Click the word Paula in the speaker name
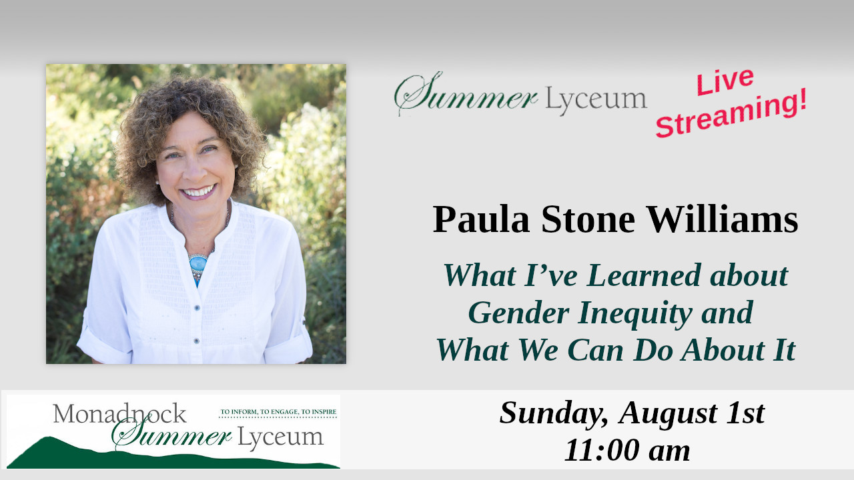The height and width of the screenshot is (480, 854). tap(481, 219)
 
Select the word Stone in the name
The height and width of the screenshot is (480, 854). tap(588, 219)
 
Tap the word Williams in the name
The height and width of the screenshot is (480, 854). tap(723, 219)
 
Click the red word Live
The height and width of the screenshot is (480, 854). tap(725, 81)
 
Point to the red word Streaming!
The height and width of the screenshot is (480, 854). tap(731, 113)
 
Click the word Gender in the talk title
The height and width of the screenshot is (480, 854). tap(518, 313)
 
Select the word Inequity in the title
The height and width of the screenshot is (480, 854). tap(634, 314)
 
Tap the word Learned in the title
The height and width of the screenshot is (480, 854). tap(644, 275)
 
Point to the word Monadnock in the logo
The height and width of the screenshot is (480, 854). tap(119, 413)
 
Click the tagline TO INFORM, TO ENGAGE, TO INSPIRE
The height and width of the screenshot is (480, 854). tap(278, 412)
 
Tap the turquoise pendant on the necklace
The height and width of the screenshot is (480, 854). tap(198, 263)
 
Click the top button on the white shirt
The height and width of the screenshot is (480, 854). tap(197, 307)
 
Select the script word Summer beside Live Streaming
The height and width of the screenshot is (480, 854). tap(466, 94)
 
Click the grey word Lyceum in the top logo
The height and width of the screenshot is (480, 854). tap(596, 99)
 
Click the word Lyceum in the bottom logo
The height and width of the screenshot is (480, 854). tap(280, 437)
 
